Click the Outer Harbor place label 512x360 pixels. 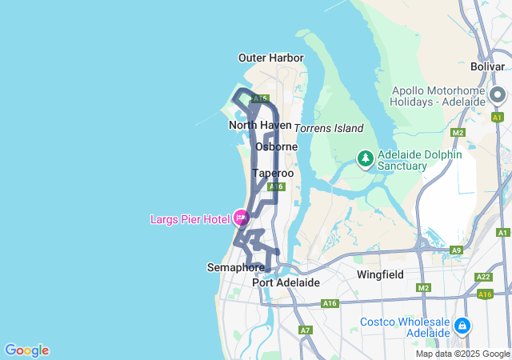[x=270, y=58]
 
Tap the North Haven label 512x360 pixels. [x=254, y=125]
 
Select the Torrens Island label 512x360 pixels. [x=329, y=128]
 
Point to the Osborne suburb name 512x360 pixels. [x=276, y=146]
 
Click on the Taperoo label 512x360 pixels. [x=273, y=173]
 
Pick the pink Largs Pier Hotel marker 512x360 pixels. [x=241, y=216]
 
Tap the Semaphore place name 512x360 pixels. [x=235, y=266]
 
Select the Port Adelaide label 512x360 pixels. [x=286, y=282]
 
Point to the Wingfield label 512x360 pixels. [x=380, y=274]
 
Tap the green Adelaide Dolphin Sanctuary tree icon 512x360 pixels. [x=365, y=158]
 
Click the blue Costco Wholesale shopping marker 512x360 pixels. [x=462, y=326]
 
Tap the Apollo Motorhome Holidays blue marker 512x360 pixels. [x=499, y=95]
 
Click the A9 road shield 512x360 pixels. [x=456, y=250]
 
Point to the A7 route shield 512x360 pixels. [x=305, y=330]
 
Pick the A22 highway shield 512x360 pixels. [x=482, y=277]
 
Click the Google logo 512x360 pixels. [x=26, y=350]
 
